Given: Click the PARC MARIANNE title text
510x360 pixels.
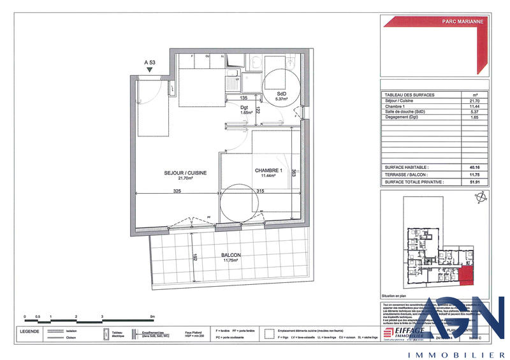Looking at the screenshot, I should point(462,21).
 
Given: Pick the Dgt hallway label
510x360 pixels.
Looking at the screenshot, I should point(244,109).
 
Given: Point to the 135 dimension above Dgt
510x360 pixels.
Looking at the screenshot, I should point(244,98).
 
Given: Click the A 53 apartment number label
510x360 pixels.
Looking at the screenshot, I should point(150,62).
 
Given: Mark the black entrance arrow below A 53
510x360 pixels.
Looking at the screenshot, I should point(150,71).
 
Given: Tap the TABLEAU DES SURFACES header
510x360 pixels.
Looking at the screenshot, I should point(411,94).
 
